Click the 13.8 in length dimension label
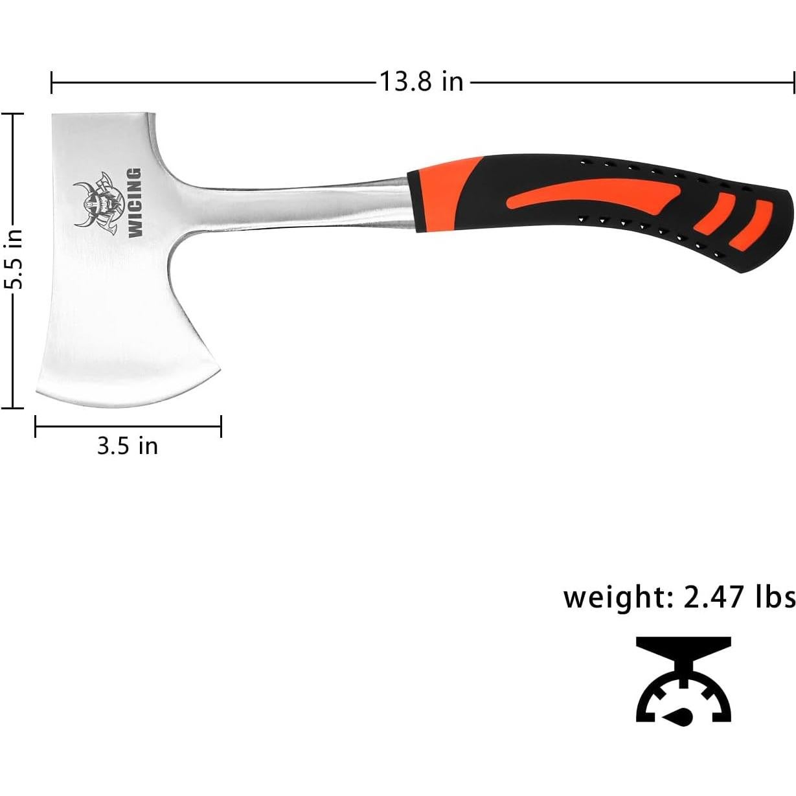click(x=421, y=82)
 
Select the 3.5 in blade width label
click(x=128, y=446)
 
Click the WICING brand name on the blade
click(x=135, y=203)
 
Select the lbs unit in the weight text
click(x=775, y=596)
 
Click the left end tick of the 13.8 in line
click(x=52, y=83)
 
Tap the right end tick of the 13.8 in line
click(x=793, y=83)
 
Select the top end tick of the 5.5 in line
click(x=12, y=113)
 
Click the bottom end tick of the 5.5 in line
click(x=12, y=408)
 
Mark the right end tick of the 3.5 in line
click(x=222, y=426)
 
